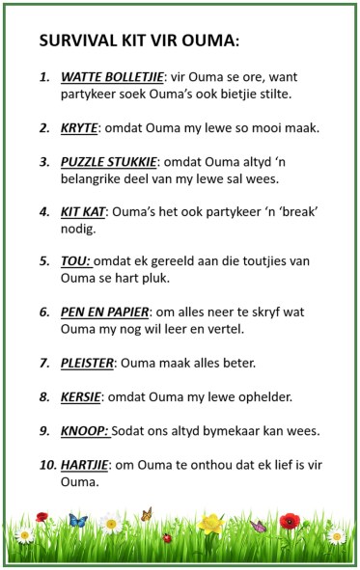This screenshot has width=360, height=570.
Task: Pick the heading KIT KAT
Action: [84, 214]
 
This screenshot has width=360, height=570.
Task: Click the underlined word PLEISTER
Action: [88, 363]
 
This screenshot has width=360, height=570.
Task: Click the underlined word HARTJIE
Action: [87, 465]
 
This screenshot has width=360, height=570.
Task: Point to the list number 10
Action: [47, 465]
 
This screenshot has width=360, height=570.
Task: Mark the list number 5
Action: [44, 261]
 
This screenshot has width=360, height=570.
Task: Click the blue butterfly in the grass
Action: [78, 521]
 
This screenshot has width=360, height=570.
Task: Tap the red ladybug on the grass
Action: [167, 537]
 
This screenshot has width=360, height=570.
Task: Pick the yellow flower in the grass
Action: [212, 525]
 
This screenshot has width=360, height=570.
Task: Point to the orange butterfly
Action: [147, 514]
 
